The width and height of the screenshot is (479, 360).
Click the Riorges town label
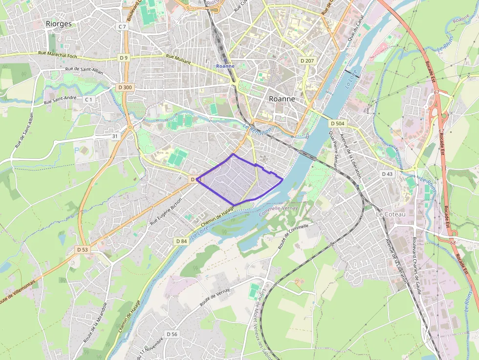coord(58,23)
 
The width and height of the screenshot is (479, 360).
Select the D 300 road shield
coord(125,87)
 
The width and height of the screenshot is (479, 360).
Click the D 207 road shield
coord(306,60)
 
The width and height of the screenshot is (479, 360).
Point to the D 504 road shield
coord(337,124)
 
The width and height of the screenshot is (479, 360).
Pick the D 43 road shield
coord(387,174)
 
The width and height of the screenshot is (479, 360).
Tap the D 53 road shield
coord(83,250)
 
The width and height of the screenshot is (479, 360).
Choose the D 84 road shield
coord(181,241)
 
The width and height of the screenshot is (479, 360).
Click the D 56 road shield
coord(172,334)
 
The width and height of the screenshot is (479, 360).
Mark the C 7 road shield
coord(122,26)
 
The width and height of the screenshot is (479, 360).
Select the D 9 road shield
coord(124,58)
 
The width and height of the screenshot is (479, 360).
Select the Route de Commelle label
coord(293,236)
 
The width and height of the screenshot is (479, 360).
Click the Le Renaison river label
coord(256,130)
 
